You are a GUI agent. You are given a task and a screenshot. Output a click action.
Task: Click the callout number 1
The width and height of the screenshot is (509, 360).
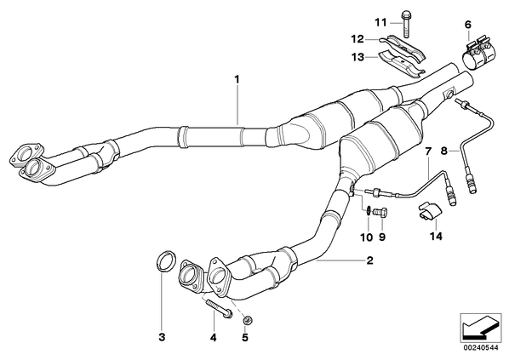click(237, 79)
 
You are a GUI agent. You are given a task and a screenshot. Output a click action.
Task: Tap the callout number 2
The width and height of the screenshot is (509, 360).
click(369, 260)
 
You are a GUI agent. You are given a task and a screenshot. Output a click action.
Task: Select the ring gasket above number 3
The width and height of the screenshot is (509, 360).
click(167, 261)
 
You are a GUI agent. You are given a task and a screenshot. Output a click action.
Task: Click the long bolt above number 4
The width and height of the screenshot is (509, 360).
click(219, 308)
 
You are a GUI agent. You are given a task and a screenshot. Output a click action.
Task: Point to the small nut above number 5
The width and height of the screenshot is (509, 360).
click(248, 320)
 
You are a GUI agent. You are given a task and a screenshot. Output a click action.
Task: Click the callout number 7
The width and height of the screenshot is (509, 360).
click(428, 151)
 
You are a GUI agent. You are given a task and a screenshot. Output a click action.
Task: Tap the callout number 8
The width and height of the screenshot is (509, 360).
click(444, 151)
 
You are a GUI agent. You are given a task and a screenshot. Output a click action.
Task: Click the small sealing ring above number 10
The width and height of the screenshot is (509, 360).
click(369, 210)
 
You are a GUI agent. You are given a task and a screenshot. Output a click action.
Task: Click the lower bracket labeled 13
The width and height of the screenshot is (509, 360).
click(402, 66)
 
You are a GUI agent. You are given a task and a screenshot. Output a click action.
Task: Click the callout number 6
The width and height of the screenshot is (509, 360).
click(468, 25)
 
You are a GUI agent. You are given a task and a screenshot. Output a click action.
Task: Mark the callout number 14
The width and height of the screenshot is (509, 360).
click(436, 237)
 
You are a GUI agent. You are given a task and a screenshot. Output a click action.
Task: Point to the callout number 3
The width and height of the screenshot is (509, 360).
click(162, 337)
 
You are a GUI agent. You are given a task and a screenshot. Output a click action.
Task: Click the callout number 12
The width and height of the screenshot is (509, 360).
click(357, 39)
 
